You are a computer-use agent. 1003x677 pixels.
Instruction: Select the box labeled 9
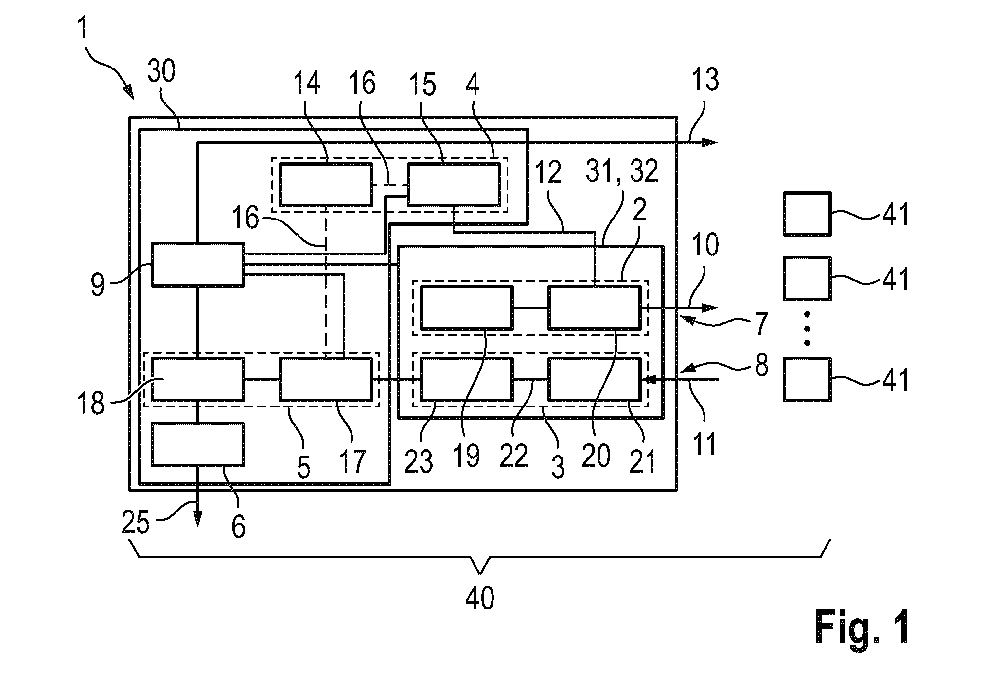[x=197, y=264]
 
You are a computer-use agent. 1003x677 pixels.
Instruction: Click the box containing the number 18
[x=197, y=379]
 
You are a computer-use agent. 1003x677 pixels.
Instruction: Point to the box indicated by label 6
[x=197, y=444]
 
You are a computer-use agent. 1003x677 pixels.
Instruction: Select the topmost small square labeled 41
[x=807, y=213]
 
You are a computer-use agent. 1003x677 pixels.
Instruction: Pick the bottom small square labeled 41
[x=807, y=379]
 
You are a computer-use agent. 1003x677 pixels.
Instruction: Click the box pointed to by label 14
[x=325, y=185]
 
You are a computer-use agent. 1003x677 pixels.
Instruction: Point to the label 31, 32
[x=622, y=170]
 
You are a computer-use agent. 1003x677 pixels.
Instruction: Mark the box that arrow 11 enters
[x=595, y=379]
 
